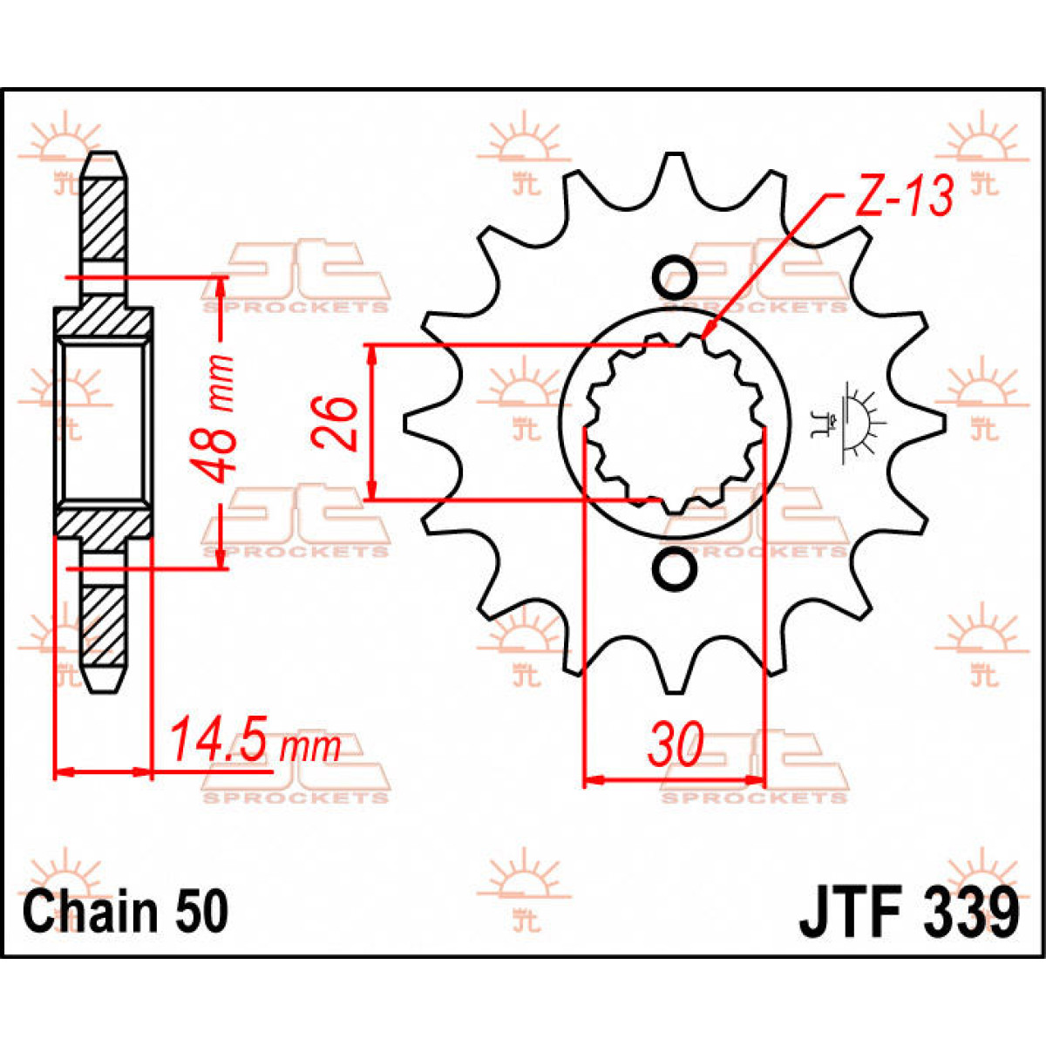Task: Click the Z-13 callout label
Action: click(903, 198)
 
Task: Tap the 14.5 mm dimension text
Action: click(254, 744)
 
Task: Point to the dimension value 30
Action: click(674, 746)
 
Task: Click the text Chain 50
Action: click(126, 911)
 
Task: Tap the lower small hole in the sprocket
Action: click(675, 567)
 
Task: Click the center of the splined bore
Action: click(673, 423)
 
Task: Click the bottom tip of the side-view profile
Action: click(104, 689)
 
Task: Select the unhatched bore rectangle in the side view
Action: click(103, 423)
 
